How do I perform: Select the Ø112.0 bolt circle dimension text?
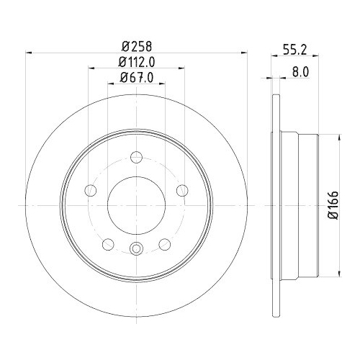point(136,61)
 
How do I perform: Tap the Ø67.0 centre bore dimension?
point(136,77)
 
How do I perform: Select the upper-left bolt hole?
point(91,190)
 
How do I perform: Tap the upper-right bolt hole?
point(182,190)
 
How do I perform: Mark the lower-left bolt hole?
point(108,243)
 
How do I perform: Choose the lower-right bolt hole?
point(165,243)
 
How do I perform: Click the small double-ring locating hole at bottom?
point(137,250)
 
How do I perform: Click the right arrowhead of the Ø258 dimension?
point(245,53)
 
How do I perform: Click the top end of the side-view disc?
point(275,98)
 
